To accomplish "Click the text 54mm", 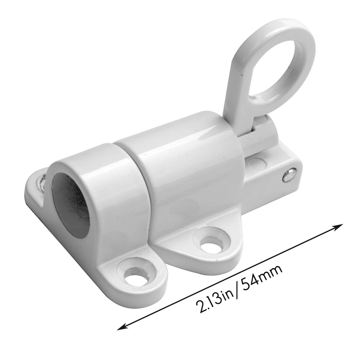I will [265, 275].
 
